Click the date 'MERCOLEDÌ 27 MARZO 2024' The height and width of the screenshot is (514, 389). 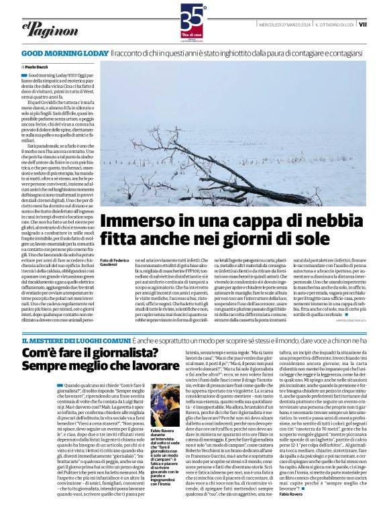pyautogui.click(x=285, y=25)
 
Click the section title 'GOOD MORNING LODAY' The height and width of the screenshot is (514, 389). pyautogui.click(x=64, y=52)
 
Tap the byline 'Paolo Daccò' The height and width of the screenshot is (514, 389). pyautogui.click(x=39, y=67)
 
